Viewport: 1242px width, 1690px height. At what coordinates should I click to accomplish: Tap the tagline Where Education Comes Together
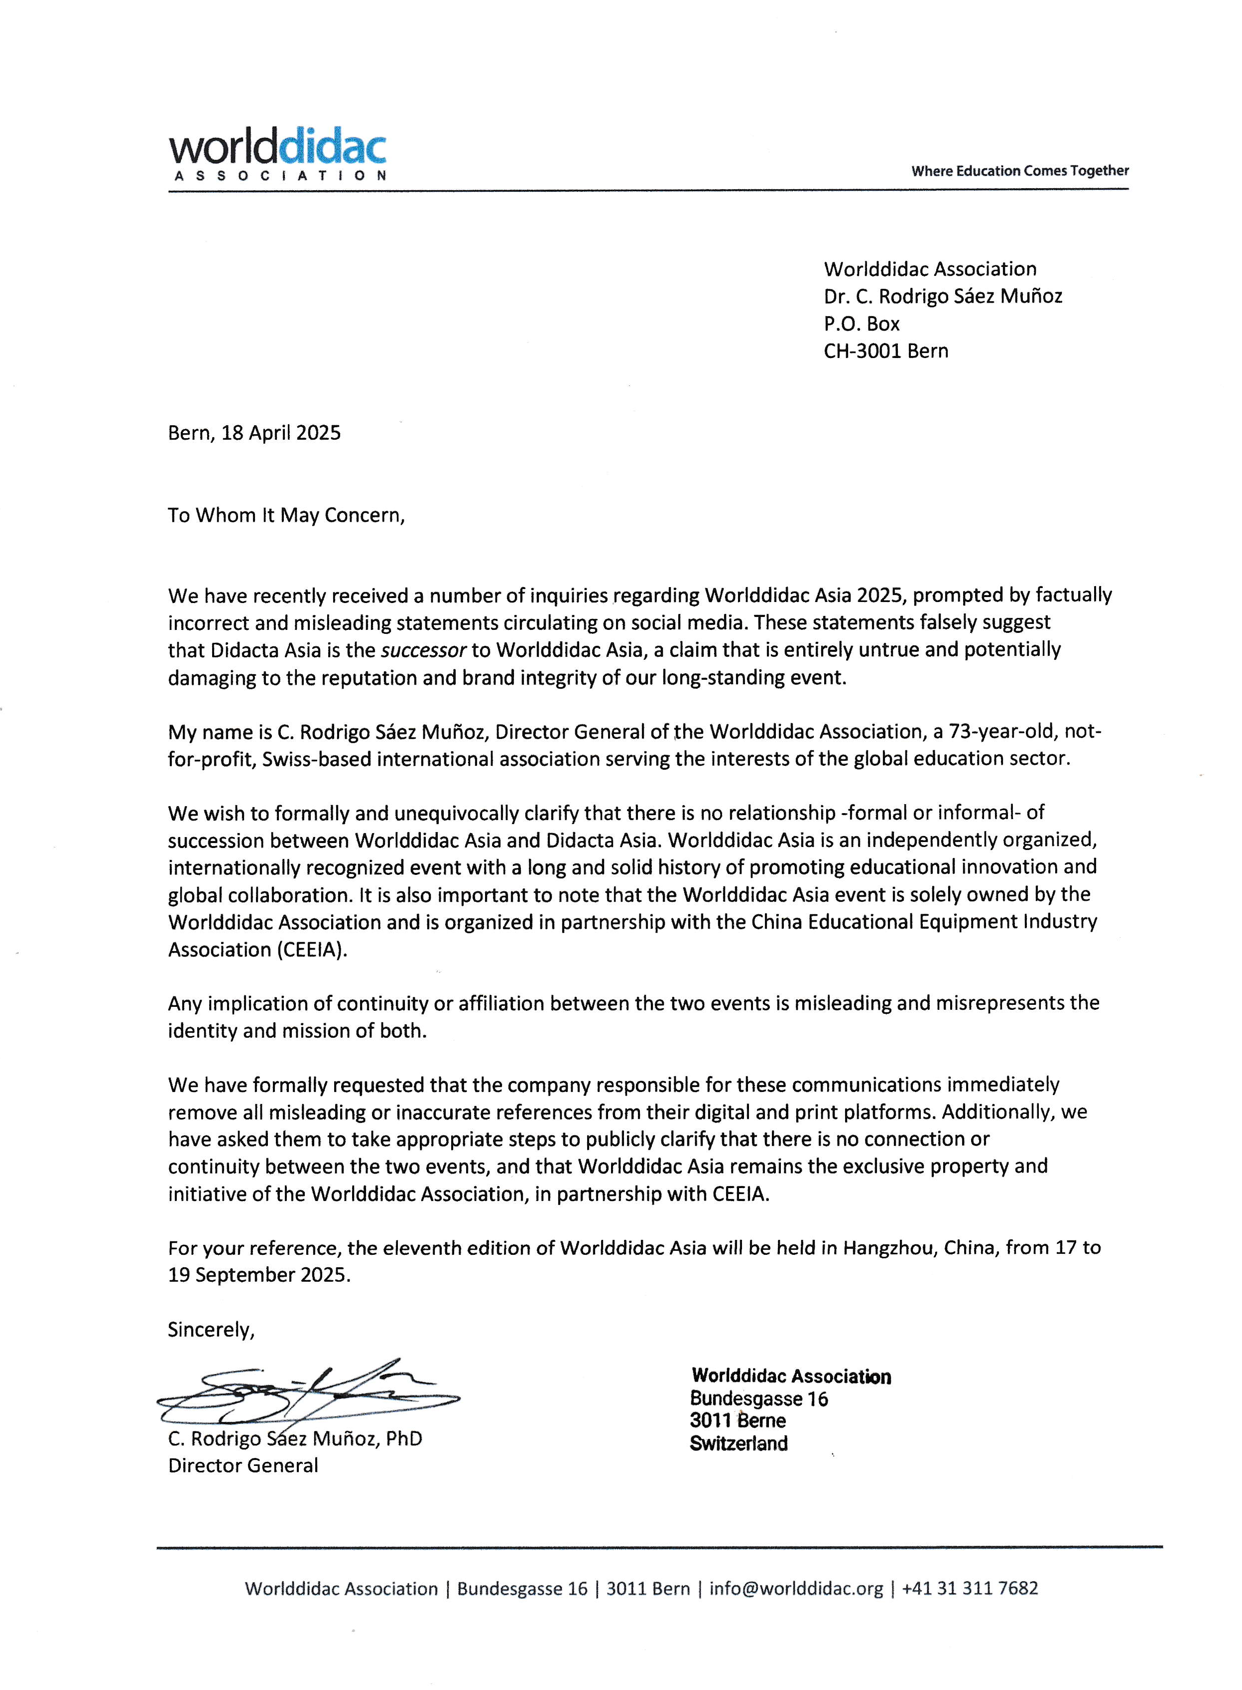[x=1019, y=171]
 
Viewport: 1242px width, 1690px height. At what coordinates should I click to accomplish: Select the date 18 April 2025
[x=280, y=433]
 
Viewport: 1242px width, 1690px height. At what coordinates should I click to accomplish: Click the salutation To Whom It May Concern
[x=286, y=516]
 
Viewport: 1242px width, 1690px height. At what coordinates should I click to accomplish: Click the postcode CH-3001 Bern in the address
[x=885, y=351]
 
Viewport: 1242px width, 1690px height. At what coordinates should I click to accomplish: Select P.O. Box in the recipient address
[x=862, y=324]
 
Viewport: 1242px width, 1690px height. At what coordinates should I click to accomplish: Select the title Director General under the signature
[x=243, y=1465]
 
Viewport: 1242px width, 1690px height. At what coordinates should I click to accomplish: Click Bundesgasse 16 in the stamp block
[x=758, y=1398]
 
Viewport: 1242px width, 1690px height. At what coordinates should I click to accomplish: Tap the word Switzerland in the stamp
[x=739, y=1444]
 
